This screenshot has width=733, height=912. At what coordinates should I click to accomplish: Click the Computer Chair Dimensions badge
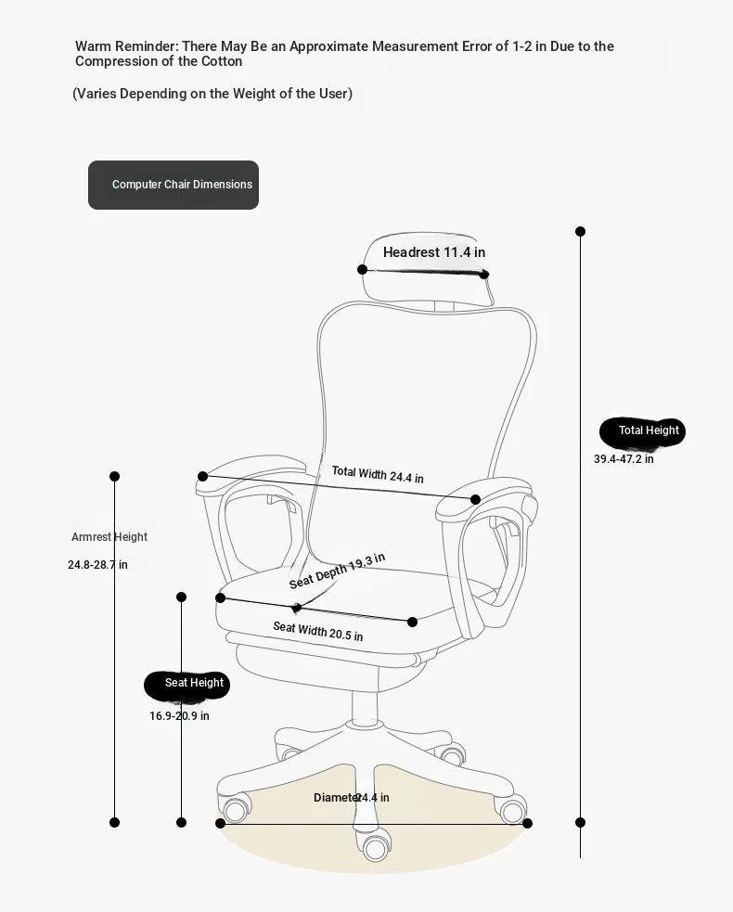point(174,185)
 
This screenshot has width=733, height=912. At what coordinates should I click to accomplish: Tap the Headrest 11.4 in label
point(434,252)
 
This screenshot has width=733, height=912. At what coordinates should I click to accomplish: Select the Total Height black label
point(642,432)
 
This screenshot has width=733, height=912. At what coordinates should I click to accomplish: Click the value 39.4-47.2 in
point(624,459)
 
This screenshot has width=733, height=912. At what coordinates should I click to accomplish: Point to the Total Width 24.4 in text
point(378,475)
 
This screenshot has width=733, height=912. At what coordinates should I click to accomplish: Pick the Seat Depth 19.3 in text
point(337,572)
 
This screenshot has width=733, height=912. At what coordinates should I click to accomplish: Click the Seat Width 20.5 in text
point(317,631)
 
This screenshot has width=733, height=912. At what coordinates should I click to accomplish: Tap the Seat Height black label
point(186,685)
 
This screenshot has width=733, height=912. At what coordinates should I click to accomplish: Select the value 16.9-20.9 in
point(179,716)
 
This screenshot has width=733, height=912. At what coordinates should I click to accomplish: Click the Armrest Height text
point(109,537)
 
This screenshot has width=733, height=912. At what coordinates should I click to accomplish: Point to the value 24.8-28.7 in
point(97,565)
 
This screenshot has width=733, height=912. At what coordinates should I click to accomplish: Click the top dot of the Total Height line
point(580,232)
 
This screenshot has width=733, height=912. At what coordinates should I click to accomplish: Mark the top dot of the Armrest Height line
point(115,476)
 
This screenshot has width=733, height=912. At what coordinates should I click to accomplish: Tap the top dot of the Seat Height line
point(182,597)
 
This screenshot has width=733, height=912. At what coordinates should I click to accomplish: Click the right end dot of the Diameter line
point(527,823)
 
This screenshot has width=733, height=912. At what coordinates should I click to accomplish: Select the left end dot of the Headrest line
point(363,269)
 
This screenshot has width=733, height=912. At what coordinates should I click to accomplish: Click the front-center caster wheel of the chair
point(376,847)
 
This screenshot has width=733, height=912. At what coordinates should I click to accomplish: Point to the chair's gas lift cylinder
point(364,705)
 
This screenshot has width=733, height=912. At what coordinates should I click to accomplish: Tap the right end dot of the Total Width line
point(475,499)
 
